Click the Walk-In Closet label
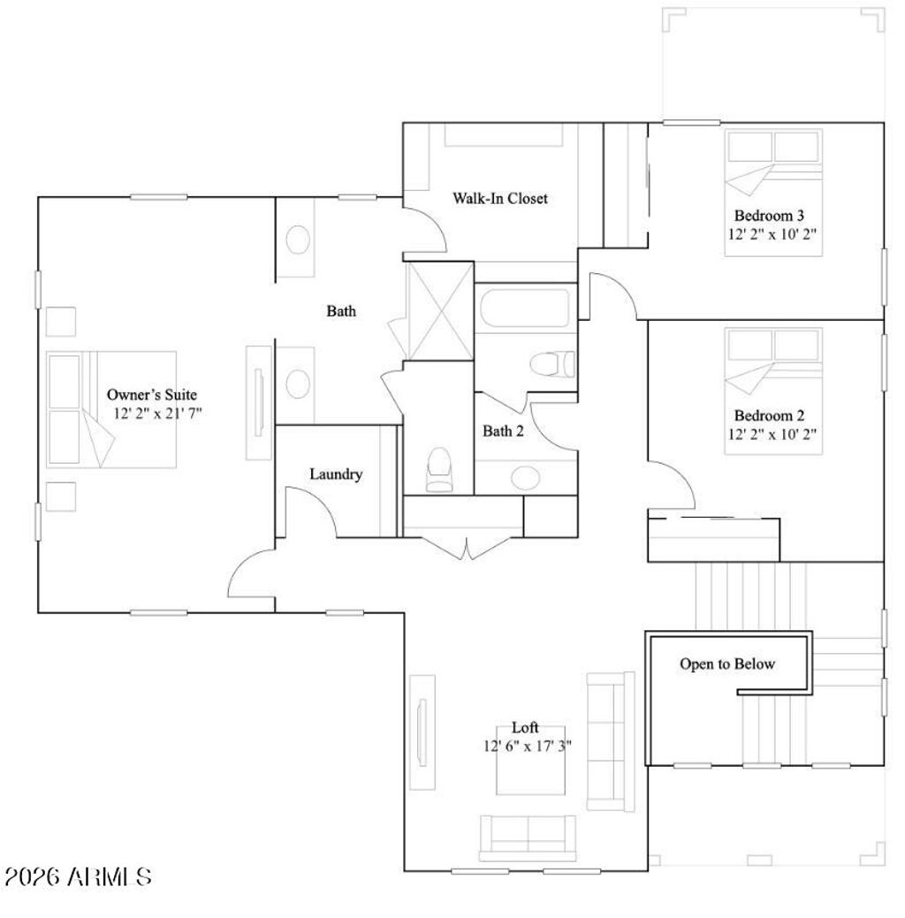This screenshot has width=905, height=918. (500, 199)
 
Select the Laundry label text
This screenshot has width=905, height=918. (335, 474)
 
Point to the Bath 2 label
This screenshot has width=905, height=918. (503, 431)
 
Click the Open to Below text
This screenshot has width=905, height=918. (726, 664)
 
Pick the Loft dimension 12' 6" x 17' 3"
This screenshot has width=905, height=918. (528, 746)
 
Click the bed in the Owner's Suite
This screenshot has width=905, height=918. (111, 409)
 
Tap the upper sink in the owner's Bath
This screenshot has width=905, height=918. (299, 239)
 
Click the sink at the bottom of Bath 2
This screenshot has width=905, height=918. (526, 478)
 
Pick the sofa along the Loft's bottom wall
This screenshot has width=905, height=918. (526, 836)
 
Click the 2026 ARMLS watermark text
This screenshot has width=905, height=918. (78, 876)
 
